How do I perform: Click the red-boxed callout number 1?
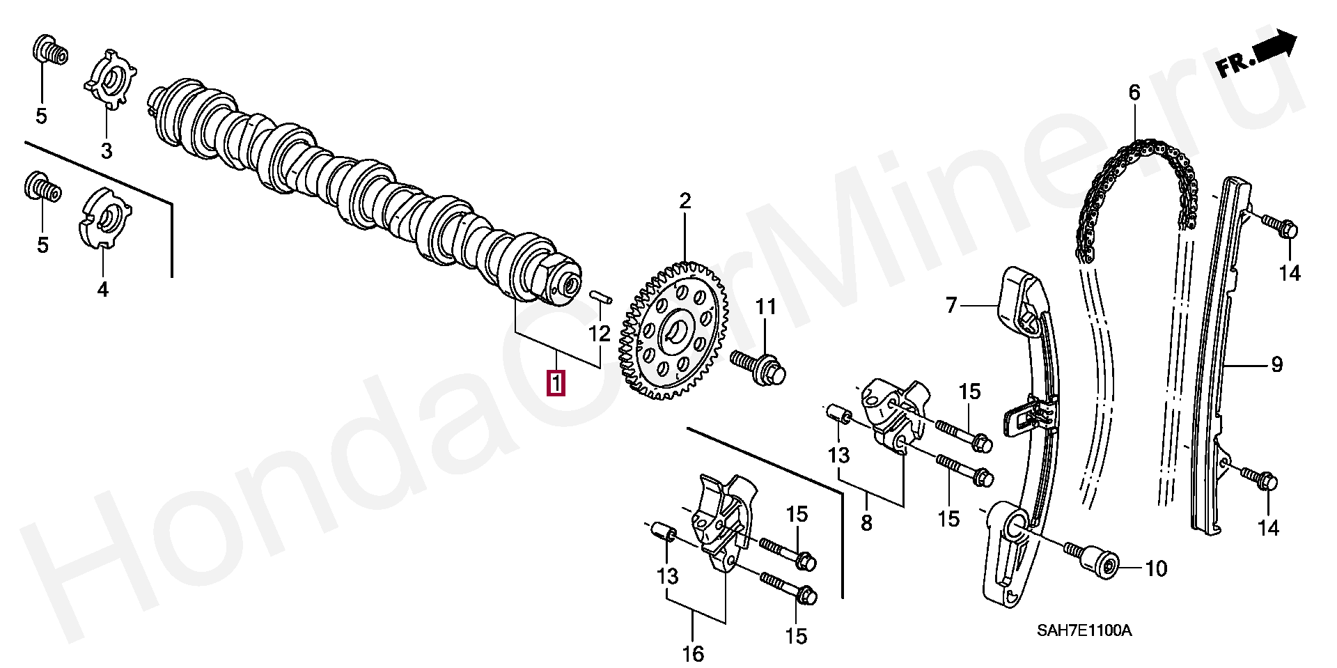556,383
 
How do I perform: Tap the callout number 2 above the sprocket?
685,201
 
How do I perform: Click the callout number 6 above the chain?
1134,92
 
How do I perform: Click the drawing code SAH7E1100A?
1084,631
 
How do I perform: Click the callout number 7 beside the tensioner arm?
952,304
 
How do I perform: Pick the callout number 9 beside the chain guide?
1276,364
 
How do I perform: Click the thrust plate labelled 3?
110,79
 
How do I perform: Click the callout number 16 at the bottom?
694,653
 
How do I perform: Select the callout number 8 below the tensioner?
866,522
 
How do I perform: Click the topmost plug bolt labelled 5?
50,49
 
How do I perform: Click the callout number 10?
1156,568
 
